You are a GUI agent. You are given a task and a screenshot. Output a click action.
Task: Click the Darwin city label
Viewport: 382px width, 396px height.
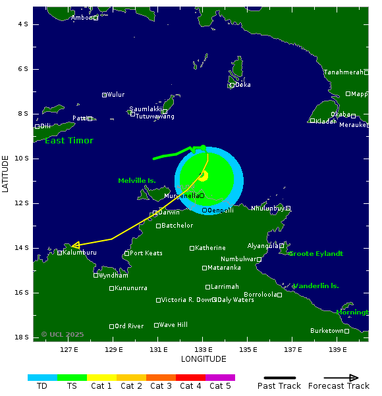click(x=169, y=212)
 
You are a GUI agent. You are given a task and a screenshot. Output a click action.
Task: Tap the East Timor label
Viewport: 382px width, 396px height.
click(x=69, y=141)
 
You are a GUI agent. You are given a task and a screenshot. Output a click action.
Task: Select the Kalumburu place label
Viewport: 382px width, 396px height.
click(x=80, y=253)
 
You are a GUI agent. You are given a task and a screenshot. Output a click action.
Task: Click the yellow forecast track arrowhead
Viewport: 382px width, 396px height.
click(x=76, y=245)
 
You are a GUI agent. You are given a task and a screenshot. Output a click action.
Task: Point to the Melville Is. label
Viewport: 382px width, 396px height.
click(x=136, y=181)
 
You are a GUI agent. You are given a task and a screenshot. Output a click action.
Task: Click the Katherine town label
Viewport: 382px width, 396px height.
click(x=210, y=248)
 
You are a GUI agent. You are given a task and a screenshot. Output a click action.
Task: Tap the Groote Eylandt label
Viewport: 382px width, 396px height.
click(x=316, y=254)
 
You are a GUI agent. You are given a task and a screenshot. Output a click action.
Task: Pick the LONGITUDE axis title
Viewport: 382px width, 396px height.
click(x=204, y=359)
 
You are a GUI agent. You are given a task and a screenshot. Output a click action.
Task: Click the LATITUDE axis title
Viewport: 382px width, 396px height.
click(x=6, y=174)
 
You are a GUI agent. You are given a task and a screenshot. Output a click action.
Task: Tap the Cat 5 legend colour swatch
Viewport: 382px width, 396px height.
click(x=220, y=378)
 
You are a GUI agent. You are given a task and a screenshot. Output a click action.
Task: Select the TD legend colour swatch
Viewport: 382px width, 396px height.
click(x=42, y=378)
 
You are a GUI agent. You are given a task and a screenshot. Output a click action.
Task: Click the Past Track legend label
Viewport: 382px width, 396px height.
click(x=279, y=386)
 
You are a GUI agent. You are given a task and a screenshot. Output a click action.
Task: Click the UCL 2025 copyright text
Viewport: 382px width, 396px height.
click(x=63, y=334)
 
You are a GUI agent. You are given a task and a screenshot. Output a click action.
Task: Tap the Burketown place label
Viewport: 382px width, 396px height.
click(x=327, y=331)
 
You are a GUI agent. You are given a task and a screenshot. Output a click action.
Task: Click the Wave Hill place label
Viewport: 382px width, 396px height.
click(x=173, y=325)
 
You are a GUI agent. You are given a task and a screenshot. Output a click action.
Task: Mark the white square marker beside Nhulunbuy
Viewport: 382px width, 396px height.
click(x=288, y=209)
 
